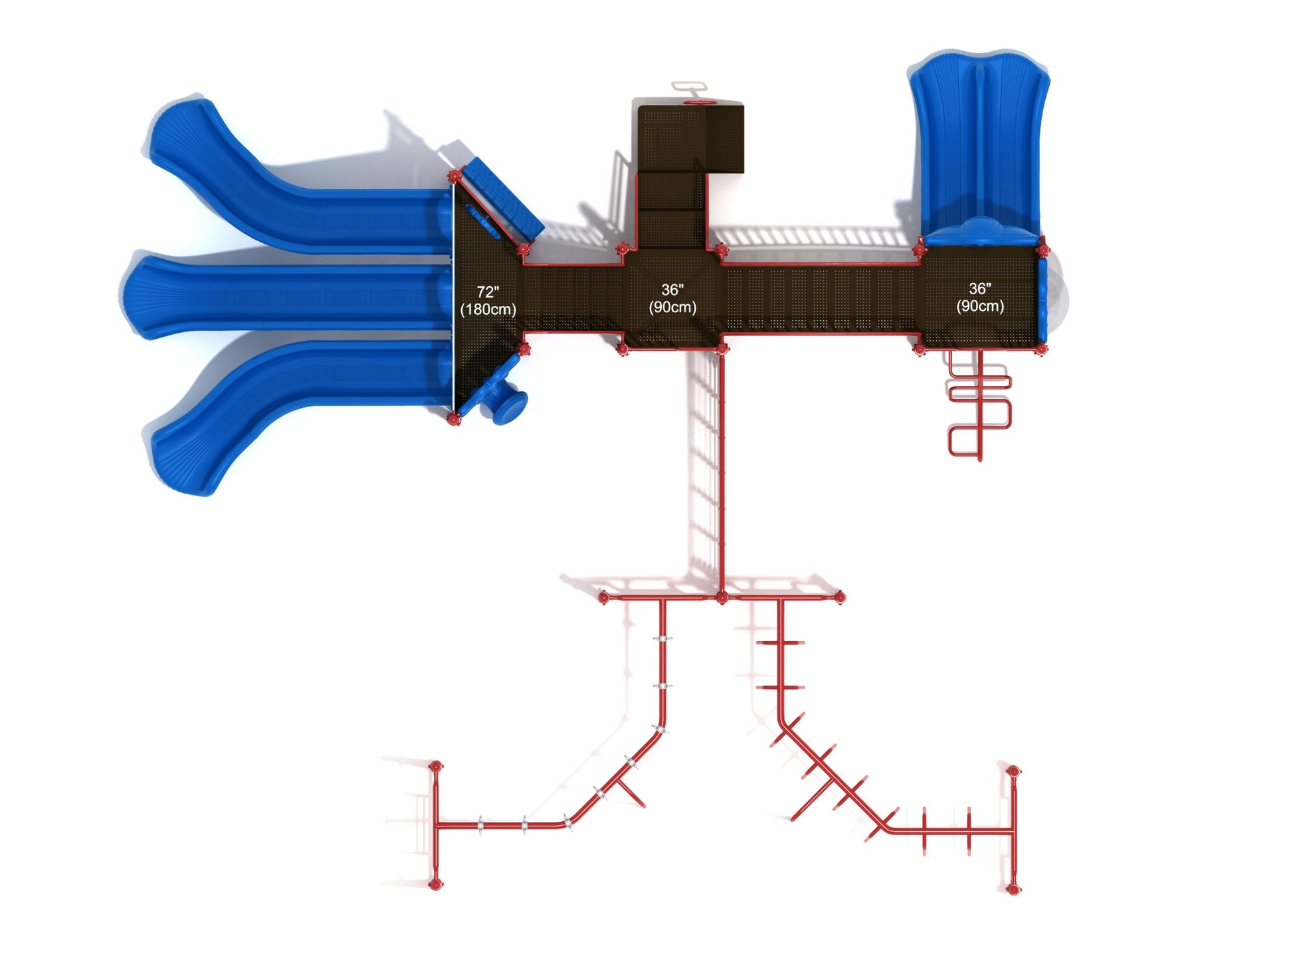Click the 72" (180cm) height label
point(488,300)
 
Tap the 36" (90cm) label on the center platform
point(672,298)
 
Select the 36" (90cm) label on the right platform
point(980,297)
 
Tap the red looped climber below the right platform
point(978,405)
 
